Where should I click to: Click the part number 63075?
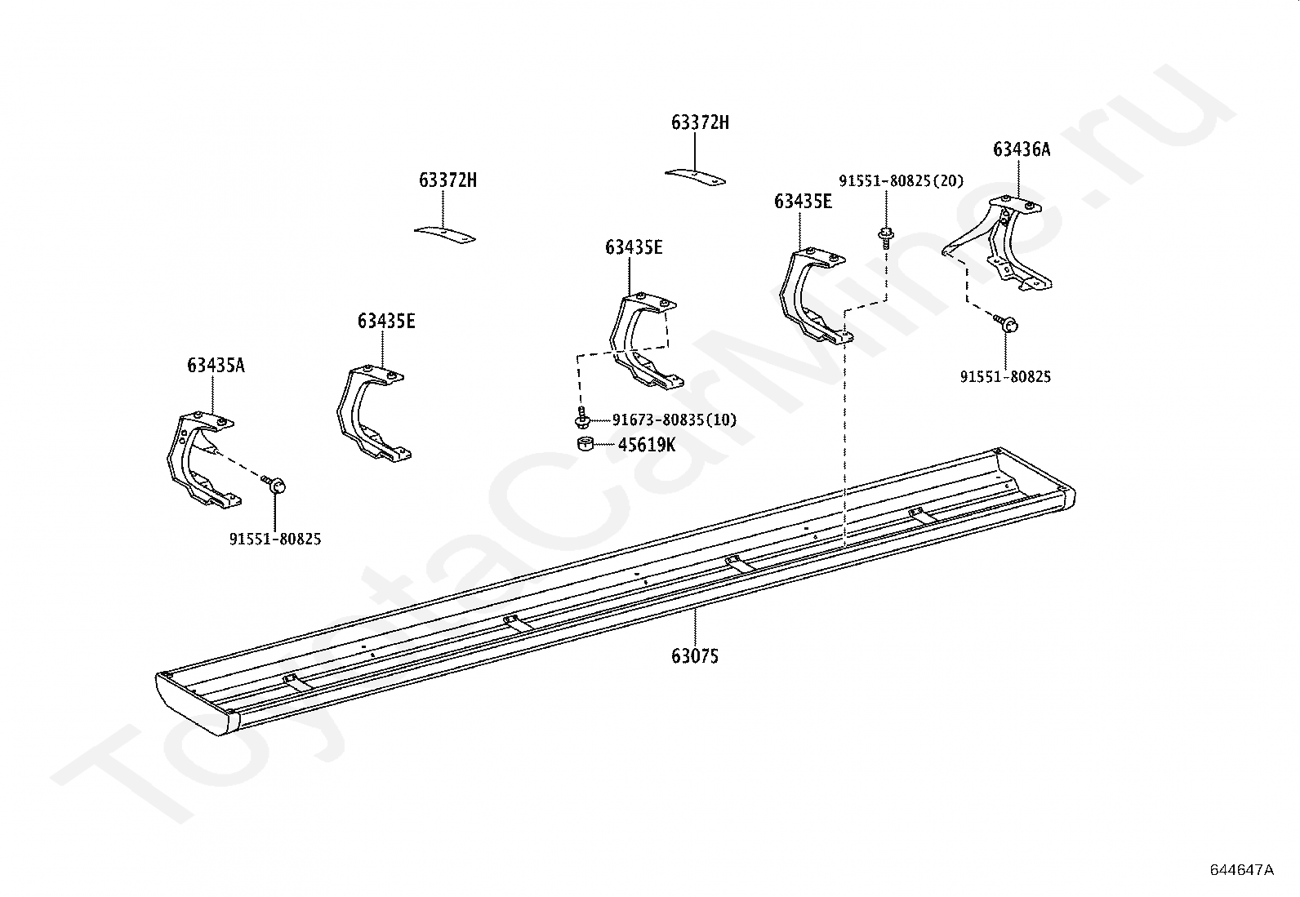[x=695, y=655]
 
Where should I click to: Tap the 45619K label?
[x=646, y=445]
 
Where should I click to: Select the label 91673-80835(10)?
[x=674, y=420]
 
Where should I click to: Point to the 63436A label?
[x=1021, y=149]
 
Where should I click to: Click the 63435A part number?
[x=216, y=365]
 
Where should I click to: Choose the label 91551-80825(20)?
[x=901, y=181]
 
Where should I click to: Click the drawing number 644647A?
[x=1240, y=869]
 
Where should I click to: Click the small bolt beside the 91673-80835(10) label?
[x=582, y=419]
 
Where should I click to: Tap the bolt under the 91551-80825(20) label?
[x=885, y=238]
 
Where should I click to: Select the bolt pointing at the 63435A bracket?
[x=277, y=486]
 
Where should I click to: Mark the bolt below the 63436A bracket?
[x=1008, y=324]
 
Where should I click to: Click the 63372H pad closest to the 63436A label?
[x=695, y=177]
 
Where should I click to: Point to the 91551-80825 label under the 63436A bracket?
[x=1004, y=377]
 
